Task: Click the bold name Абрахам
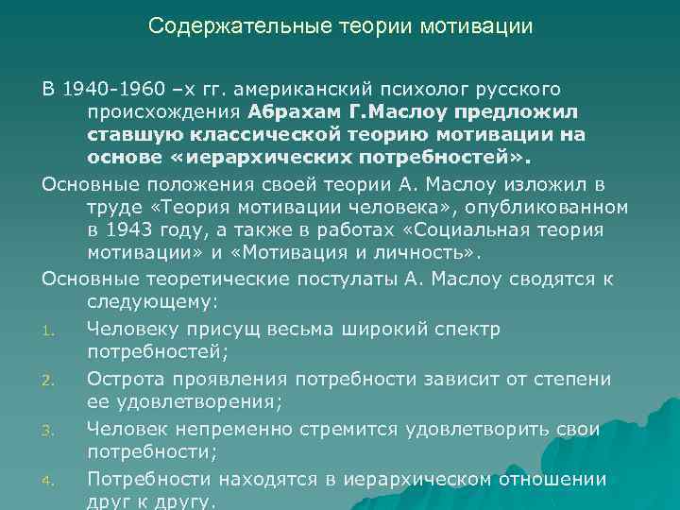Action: tap(293, 112)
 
